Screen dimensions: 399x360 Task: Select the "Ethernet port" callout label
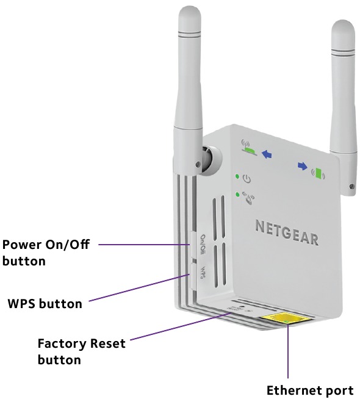click(310, 390)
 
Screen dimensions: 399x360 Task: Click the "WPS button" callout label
click(45, 303)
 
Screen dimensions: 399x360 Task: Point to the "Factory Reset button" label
click(81, 351)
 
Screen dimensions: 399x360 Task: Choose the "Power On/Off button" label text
click(46, 253)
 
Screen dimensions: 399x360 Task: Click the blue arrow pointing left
click(266, 155)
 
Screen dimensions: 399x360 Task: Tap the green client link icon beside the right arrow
click(318, 172)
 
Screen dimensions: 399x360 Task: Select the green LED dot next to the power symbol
click(237, 177)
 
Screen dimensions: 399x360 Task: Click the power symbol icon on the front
click(247, 179)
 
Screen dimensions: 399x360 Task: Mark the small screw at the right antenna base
click(351, 186)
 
